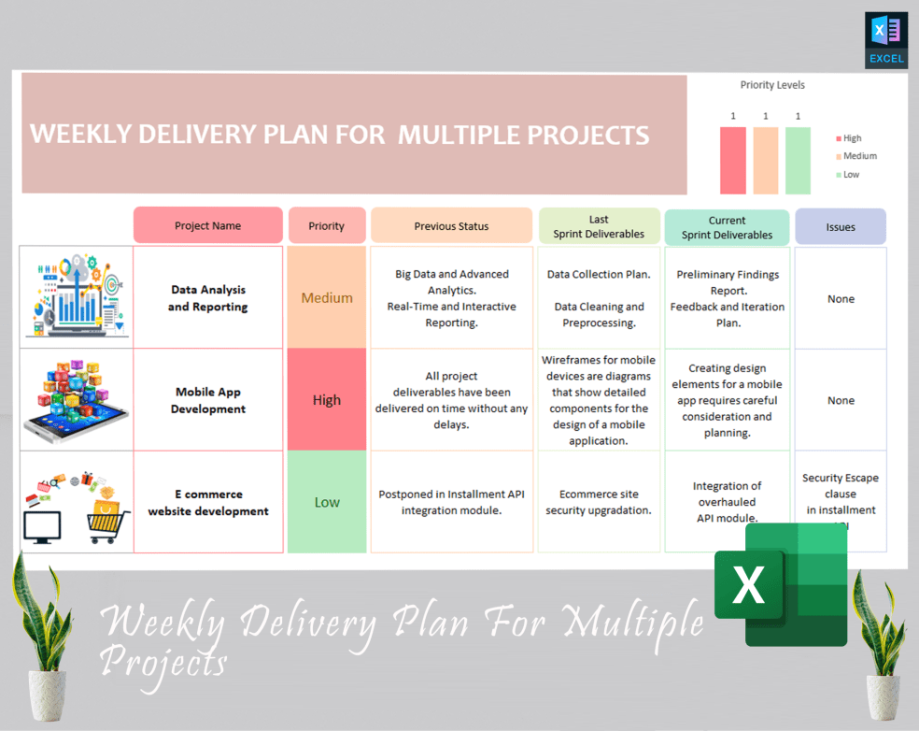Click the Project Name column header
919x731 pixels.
pyautogui.click(x=207, y=225)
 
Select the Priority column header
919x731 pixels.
pyautogui.click(x=326, y=225)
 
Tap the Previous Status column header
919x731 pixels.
pyautogui.click(x=451, y=225)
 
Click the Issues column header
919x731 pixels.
pyautogui.click(x=840, y=226)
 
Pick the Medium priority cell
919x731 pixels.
pyautogui.click(x=327, y=298)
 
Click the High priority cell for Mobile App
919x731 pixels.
pyautogui.click(x=327, y=400)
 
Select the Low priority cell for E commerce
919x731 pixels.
pyautogui.click(x=327, y=502)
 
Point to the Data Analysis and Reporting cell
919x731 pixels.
pyautogui.click(x=207, y=298)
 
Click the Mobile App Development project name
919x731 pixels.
pyautogui.click(x=207, y=400)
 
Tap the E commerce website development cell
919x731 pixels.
pyautogui.click(x=207, y=502)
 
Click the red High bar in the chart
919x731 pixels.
pyautogui.click(x=733, y=160)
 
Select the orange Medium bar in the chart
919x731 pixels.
pyautogui.click(x=766, y=160)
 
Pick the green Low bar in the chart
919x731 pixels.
pyautogui.click(x=798, y=160)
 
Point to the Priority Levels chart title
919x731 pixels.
pyautogui.click(x=772, y=85)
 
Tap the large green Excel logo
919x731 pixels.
pyautogui.click(x=781, y=583)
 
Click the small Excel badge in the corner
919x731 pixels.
pyautogui.click(x=885, y=40)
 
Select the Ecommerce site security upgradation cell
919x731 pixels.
pyautogui.click(x=599, y=502)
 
